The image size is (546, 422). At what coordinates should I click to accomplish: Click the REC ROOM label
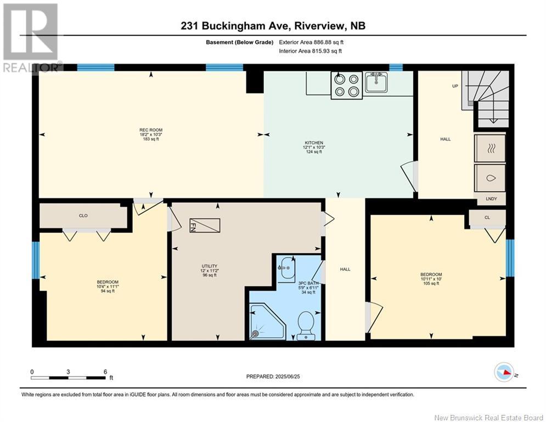151,130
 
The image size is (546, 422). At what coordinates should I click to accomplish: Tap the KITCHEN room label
314,143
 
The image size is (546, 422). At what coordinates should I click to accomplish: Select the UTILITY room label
209,266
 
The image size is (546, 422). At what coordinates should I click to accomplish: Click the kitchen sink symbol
376,82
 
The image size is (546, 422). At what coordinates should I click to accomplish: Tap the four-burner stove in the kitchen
347,85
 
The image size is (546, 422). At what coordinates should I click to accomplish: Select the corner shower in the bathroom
267,321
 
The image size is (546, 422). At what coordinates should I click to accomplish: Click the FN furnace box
205,226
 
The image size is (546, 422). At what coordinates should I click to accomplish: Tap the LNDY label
491,199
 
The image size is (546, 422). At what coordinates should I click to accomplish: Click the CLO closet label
83,216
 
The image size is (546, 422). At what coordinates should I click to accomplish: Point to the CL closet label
487,218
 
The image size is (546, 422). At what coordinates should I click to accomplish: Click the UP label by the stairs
455,86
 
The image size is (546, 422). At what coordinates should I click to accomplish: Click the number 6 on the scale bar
105,372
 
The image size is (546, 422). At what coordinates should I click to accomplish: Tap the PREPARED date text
273,376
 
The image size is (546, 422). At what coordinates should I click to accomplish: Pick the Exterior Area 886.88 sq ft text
311,42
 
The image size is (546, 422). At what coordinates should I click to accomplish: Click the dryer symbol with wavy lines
490,148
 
